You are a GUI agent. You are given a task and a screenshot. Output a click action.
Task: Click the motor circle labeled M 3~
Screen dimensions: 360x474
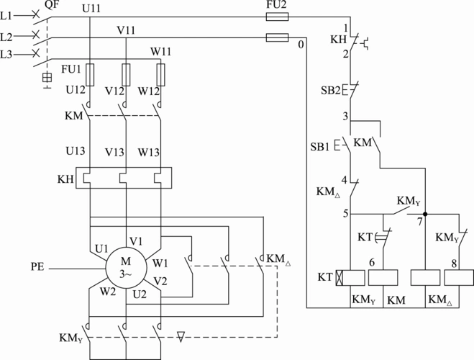126,268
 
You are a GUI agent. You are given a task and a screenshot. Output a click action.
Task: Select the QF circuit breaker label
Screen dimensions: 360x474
52,6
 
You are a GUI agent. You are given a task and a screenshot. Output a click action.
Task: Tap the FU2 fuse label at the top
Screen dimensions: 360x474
277,5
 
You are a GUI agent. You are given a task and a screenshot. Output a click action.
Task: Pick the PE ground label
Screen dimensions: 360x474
40,268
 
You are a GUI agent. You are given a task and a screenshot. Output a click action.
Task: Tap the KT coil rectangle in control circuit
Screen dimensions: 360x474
348,277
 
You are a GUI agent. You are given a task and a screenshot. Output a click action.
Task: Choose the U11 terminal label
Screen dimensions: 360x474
92,8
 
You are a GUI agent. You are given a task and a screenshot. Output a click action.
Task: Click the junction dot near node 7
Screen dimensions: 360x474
425,214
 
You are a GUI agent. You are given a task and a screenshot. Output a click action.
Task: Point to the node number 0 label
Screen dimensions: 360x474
300,46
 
